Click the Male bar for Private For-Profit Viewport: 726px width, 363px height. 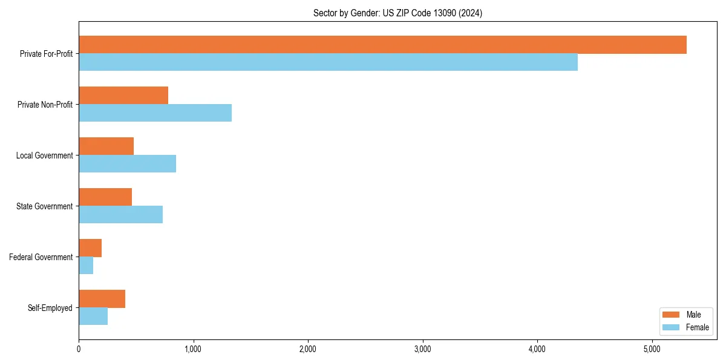(x=382, y=45)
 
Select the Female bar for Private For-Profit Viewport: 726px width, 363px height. (x=328, y=62)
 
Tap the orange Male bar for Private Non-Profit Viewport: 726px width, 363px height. (x=123, y=96)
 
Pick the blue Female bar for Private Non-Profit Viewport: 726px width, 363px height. (x=155, y=113)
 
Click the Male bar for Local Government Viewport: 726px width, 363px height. (x=106, y=146)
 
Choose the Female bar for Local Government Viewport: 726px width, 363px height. (x=127, y=164)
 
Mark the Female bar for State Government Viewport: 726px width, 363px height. (x=120, y=215)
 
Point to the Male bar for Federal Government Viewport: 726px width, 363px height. (x=90, y=248)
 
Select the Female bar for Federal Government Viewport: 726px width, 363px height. (x=86, y=266)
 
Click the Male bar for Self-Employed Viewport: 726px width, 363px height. (x=102, y=299)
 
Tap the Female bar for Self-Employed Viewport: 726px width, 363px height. (x=93, y=316)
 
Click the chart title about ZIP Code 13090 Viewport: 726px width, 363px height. (x=397, y=13)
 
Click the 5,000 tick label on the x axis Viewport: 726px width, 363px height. (x=652, y=349)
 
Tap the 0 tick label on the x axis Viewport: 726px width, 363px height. (x=79, y=349)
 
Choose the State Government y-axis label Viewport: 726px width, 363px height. (x=45, y=206)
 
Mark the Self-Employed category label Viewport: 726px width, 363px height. (x=50, y=308)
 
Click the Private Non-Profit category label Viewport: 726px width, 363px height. (x=46, y=105)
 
